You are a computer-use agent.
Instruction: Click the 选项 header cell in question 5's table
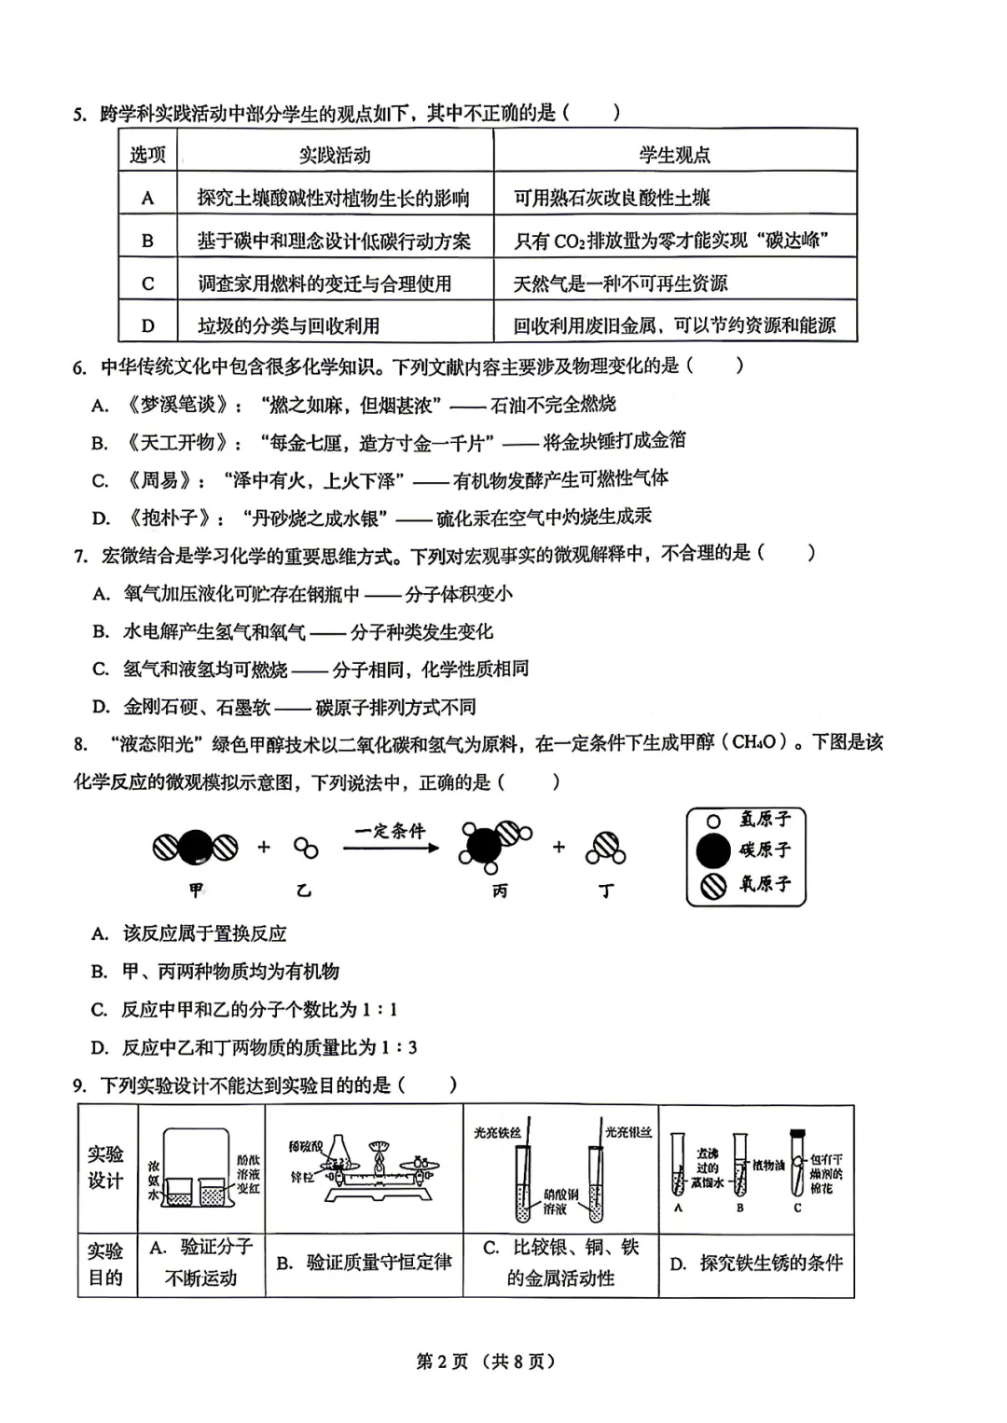pos(147,155)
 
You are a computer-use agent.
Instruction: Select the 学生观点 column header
pos(674,155)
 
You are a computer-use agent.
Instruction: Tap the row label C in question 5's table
pos(147,283)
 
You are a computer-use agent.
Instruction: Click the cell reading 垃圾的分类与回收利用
pos(288,325)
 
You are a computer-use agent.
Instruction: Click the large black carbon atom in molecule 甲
pos(196,847)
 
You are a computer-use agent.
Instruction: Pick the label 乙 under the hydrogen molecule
pos(303,891)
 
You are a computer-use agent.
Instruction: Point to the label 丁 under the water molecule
pos(606,891)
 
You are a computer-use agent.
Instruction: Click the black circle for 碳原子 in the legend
pos(714,850)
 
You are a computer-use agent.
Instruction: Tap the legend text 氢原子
pos(765,820)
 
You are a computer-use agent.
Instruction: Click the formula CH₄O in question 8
pos(754,742)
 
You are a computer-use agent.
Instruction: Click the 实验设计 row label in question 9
pos(105,1167)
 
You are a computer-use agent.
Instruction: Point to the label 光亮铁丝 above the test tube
pos(497,1132)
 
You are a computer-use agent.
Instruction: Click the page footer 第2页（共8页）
pos(485,1361)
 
